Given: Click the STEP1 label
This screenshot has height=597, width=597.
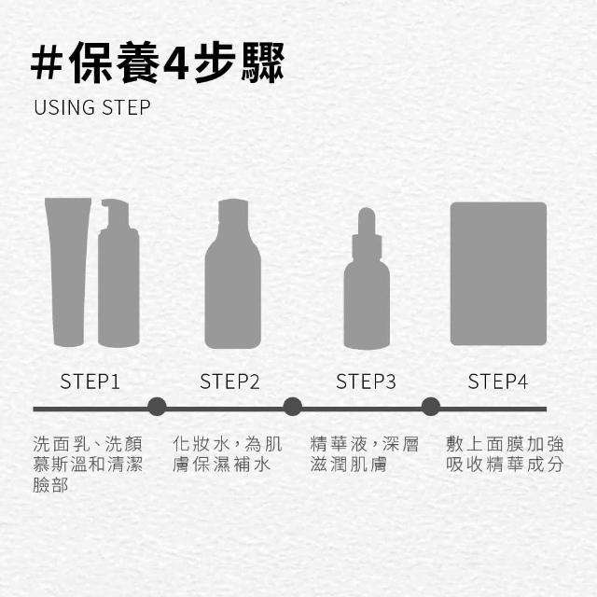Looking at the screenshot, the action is click(90, 382).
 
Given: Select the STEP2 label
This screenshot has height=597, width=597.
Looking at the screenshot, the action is click(229, 382).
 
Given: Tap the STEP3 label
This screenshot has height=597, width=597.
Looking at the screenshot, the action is click(366, 382).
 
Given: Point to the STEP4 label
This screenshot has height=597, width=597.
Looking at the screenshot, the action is click(497, 382).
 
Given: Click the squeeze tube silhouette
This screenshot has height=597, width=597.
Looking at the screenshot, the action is click(68, 271).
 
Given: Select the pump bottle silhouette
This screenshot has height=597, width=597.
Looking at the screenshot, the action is click(118, 272).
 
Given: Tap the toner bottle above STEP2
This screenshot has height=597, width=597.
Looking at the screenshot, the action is click(233, 273).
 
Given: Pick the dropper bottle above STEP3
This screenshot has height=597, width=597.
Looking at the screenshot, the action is click(367, 278).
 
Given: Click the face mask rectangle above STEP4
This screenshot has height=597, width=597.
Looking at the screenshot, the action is click(498, 273).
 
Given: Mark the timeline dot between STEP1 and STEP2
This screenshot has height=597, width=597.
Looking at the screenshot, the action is click(157, 407).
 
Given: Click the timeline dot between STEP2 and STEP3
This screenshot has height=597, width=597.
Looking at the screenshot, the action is click(292, 407).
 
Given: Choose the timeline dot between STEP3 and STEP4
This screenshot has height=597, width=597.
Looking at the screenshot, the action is click(431, 407).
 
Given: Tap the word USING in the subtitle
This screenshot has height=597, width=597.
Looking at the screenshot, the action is click(64, 107).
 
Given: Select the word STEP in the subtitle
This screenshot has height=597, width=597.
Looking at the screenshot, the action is click(127, 107).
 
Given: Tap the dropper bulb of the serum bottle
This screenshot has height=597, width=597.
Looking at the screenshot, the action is click(367, 221).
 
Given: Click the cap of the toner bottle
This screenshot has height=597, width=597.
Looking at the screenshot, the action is click(233, 210).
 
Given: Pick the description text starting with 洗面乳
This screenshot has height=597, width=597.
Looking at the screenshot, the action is click(88, 465).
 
